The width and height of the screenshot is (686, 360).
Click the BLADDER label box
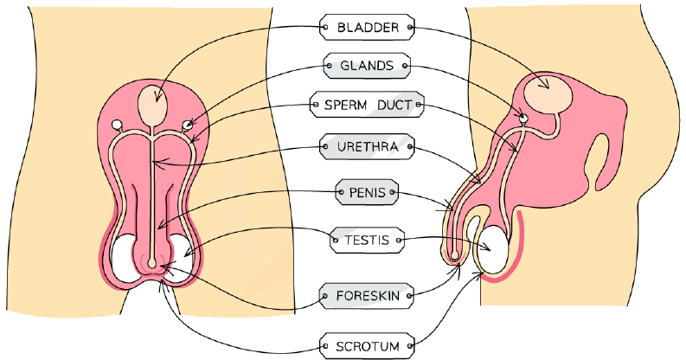pos(367,27)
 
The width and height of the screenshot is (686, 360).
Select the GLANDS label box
pos(367,66)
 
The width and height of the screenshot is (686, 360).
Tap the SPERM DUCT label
pos(367,105)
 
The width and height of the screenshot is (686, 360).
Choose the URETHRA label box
pos(367,146)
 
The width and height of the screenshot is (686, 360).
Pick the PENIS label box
pos(367,192)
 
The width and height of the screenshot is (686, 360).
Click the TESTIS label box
pos(367,241)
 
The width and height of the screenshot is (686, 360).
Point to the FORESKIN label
pos(367,296)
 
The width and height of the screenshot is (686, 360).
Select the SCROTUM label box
pos(367,346)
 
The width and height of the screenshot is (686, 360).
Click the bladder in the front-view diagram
pos(152,105)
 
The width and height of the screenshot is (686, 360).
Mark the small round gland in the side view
pos(523,117)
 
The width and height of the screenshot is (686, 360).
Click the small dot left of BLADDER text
pos(324,27)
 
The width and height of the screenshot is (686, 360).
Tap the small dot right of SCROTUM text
pos(409,346)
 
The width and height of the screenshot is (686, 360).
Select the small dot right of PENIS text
pos(393,192)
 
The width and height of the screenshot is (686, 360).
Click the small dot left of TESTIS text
pos(336,241)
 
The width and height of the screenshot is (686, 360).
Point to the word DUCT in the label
pos(394,105)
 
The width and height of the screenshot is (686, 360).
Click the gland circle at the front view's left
pos(117,125)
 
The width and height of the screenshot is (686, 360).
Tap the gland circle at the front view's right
pos(187,125)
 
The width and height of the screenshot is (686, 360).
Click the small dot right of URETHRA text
pos(409,146)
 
